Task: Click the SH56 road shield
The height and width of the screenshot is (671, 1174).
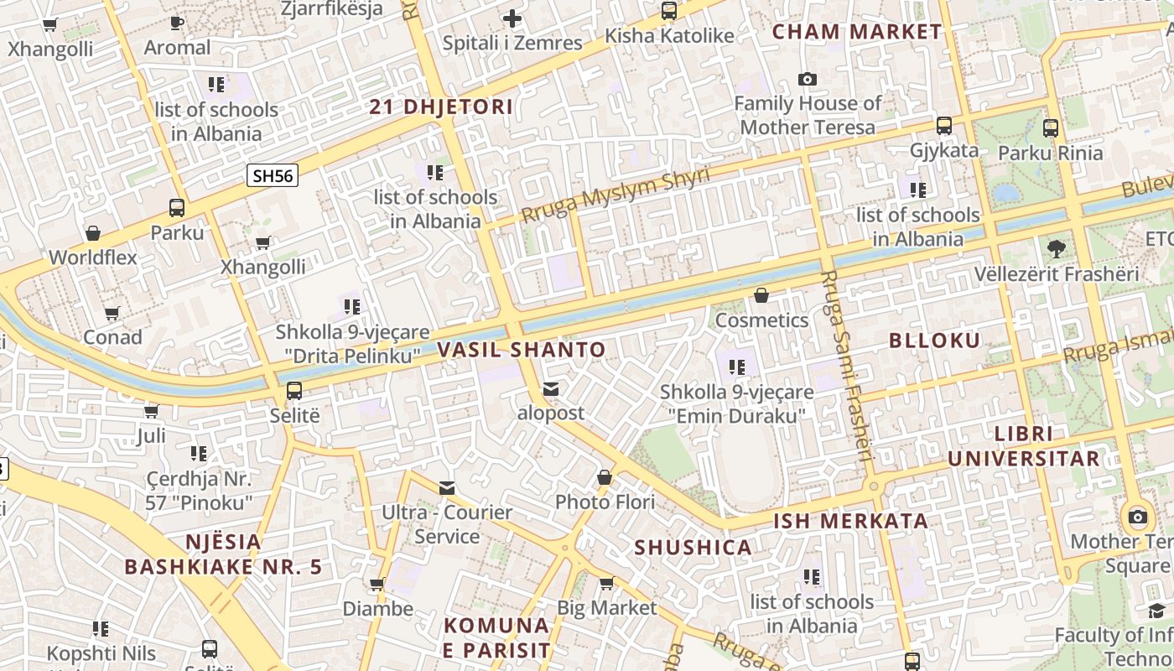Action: [x=273, y=175]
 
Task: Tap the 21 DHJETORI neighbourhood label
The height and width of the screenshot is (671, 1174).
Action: [x=441, y=107]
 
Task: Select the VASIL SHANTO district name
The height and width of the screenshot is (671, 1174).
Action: [x=521, y=350]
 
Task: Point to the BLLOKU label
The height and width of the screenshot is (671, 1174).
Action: [x=934, y=341]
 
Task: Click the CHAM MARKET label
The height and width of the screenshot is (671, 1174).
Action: [x=856, y=32]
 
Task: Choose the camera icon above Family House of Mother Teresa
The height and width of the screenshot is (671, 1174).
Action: [x=808, y=79]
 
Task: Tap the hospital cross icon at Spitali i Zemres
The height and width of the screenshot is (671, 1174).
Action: [x=512, y=18]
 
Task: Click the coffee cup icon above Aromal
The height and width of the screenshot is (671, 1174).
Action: [x=177, y=23]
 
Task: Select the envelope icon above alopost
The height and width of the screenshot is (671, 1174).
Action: [x=551, y=388]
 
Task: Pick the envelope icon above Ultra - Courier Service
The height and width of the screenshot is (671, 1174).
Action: [x=447, y=487]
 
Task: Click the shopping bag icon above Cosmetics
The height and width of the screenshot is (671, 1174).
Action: [x=761, y=295]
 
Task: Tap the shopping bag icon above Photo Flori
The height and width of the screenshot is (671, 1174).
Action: [x=605, y=477]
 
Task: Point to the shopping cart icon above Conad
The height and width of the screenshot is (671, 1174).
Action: [x=112, y=313]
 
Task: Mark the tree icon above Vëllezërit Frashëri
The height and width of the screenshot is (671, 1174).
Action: [x=1056, y=248]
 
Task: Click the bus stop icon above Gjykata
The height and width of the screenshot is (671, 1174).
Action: [x=944, y=126]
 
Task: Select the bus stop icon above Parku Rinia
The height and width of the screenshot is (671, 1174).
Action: [x=1051, y=128]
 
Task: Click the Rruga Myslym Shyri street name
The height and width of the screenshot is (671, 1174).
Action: [x=615, y=195]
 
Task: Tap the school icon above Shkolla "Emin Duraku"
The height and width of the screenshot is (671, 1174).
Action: [x=737, y=367]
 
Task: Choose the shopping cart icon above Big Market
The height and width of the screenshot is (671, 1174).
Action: [x=606, y=582]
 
